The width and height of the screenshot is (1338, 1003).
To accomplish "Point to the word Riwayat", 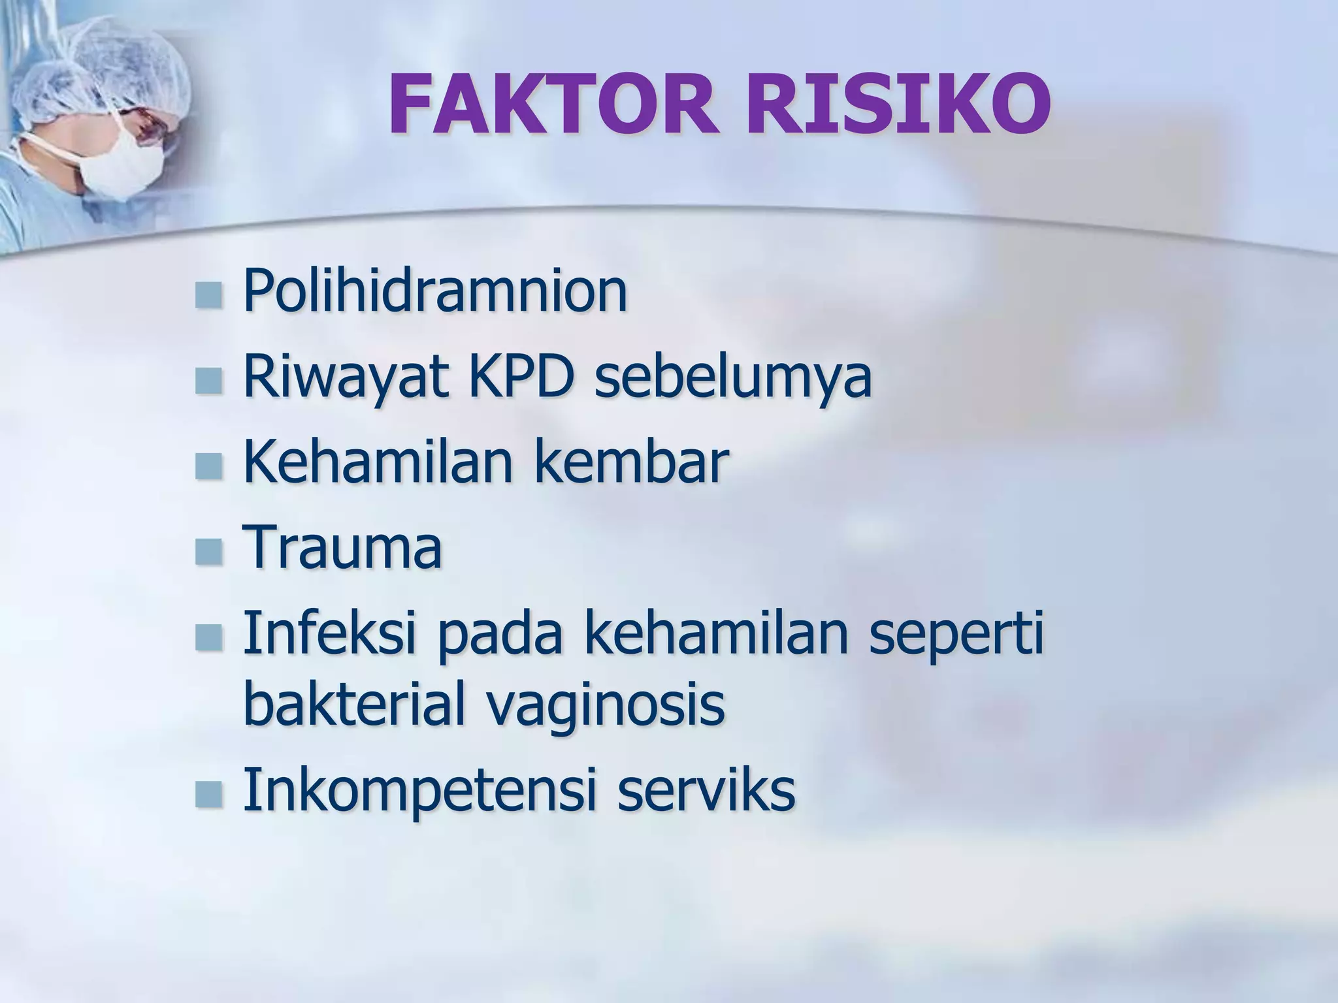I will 346,379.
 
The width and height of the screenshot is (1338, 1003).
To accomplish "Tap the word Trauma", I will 343,549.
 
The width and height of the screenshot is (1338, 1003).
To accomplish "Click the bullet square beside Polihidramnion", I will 208,295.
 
